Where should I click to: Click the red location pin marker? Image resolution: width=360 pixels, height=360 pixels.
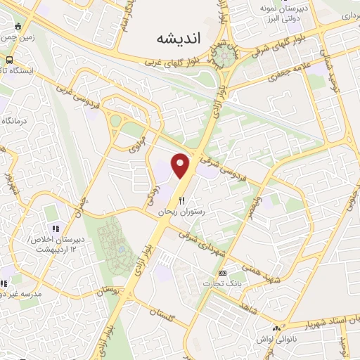click(181, 165)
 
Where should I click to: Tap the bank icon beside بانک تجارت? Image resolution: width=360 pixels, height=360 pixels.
click(223, 273)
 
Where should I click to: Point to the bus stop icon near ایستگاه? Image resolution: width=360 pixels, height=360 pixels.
click(10, 60)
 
